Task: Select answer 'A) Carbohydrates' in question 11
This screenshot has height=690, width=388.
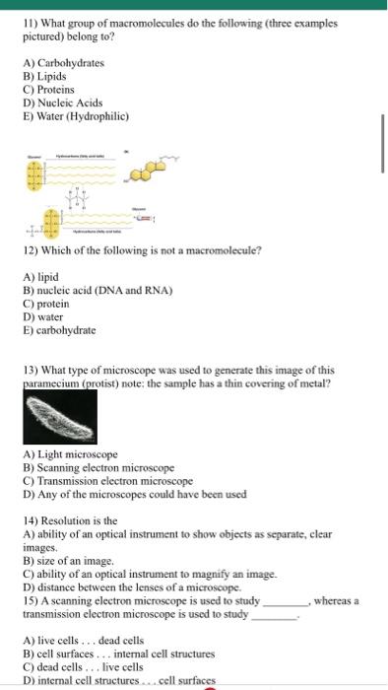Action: coord(63,63)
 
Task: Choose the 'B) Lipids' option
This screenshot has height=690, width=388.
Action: coord(46,76)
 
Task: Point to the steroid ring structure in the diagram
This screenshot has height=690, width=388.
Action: coord(149,172)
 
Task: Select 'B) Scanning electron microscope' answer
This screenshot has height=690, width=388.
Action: coord(98,467)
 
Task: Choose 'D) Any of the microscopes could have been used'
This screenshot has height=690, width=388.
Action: coord(134,494)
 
